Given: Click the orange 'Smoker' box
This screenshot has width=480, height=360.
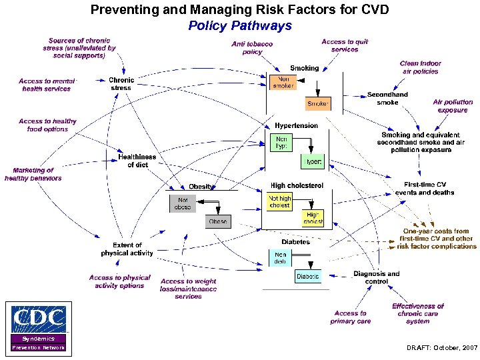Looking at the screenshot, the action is [x=318, y=104].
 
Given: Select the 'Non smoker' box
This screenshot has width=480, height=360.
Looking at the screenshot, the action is [x=283, y=82].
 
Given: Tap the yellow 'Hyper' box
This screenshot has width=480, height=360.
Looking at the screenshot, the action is [x=313, y=161].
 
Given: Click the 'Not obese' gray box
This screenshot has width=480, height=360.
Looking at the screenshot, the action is [x=183, y=203].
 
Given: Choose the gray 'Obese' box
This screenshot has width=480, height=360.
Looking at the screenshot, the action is [x=217, y=221].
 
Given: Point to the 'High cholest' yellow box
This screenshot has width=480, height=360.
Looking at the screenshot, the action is [x=313, y=218].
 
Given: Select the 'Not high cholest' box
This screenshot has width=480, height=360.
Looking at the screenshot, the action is [x=280, y=202].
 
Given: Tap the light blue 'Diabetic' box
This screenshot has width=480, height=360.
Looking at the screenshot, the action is [x=307, y=276].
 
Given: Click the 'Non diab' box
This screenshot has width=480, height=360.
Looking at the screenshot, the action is [x=279, y=257].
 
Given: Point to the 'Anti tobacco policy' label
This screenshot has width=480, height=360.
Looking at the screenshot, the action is [x=252, y=48].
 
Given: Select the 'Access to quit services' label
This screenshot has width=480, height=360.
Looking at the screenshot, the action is [x=344, y=45].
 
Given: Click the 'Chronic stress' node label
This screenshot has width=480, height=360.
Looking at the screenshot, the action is [x=121, y=84].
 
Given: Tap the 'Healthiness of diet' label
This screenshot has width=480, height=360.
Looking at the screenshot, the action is [x=137, y=161].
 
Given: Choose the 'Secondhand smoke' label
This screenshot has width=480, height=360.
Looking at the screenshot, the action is [x=387, y=99].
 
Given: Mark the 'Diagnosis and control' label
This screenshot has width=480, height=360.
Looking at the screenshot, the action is [x=376, y=277].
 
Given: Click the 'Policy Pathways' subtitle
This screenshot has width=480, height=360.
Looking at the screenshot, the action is [x=240, y=26].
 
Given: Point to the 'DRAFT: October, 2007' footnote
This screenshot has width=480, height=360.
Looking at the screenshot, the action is [x=442, y=348].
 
